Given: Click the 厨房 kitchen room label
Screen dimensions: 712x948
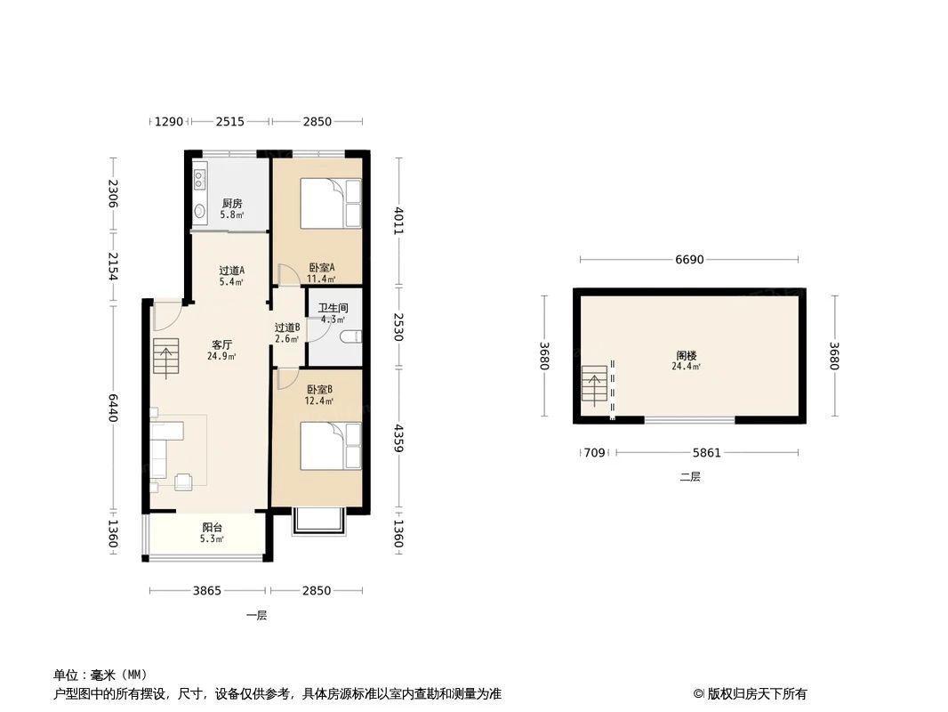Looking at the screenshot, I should [231, 204].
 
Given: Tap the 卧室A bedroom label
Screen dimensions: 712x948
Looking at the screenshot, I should [321, 268].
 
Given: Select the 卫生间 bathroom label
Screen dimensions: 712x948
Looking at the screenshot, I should [333, 309].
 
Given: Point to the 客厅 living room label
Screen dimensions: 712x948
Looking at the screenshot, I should [221, 344].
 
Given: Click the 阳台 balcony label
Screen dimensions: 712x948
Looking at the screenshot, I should [212, 527].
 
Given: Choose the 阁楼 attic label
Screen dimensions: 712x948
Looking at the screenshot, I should [686, 355].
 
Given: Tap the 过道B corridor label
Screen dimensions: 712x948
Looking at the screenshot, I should [287, 328].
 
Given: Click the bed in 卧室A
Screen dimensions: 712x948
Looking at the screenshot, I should [330, 204].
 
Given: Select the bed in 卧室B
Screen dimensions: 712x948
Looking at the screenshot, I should [330, 446].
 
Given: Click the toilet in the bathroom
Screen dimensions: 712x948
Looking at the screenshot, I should [351, 336].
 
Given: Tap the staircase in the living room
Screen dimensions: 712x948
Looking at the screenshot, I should [165, 356].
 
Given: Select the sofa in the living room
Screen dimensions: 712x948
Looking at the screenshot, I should [165, 449].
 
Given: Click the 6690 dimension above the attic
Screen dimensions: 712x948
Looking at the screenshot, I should [689, 260].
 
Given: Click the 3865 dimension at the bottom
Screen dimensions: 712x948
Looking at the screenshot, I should [207, 590].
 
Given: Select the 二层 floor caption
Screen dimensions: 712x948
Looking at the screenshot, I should [690, 477].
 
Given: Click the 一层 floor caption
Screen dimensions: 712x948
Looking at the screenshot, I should [256, 615].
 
